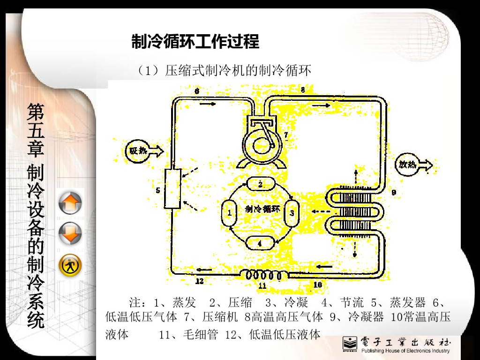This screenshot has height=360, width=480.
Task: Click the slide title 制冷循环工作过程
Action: [x=195, y=42]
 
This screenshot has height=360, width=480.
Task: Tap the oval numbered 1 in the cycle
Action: [x=230, y=213]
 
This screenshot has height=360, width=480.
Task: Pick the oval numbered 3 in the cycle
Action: [x=292, y=213]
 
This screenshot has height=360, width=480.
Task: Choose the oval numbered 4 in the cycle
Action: [x=260, y=242]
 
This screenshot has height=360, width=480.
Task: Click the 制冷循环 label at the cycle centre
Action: [x=262, y=209]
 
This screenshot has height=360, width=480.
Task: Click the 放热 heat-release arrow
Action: [x=415, y=165]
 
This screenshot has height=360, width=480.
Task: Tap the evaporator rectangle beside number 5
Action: [x=172, y=189]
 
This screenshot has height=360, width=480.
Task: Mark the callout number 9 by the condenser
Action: [x=394, y=192]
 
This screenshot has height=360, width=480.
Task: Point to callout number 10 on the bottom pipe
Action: [x=317, y=284]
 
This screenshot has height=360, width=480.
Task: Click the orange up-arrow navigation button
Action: [x=70, y=204]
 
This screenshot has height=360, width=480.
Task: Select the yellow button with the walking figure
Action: [x=70, y=266]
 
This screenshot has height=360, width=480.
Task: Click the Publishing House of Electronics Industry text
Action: [x=405, y=351]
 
